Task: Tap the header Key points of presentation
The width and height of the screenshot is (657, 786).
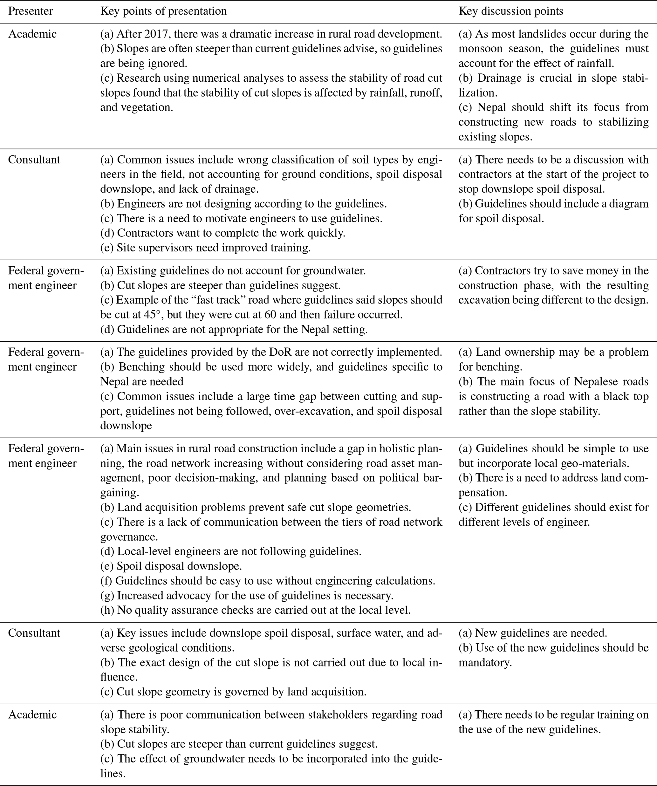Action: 164,11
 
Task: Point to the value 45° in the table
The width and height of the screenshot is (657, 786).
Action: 152,315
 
